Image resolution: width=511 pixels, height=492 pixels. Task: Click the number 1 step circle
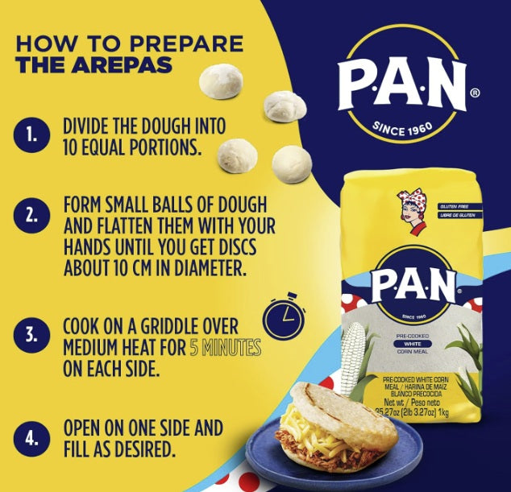coord(31,135)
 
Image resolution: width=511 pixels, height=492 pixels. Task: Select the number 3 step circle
coord(31,334)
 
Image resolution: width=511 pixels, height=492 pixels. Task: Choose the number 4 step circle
coord(31,439)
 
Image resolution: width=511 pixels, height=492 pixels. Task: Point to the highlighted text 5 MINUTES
coord(225,349)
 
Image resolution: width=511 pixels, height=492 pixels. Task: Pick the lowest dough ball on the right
coord(291,163)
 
